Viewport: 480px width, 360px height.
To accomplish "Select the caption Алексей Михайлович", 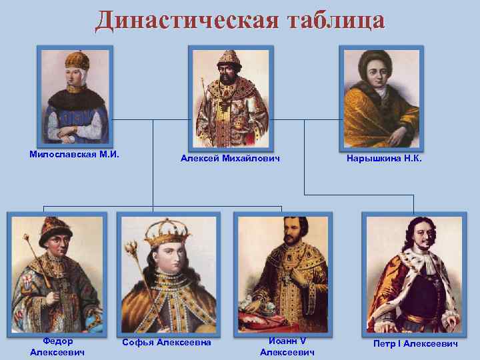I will [x=230, y=158].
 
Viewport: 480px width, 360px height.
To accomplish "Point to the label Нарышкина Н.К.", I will [x=385, y=159].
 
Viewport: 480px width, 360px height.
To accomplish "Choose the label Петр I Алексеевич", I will [x=417, y=343].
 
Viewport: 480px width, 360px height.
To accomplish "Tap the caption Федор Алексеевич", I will [x=57, y=347].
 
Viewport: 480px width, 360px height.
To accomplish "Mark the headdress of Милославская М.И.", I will [x=77, y=62].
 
